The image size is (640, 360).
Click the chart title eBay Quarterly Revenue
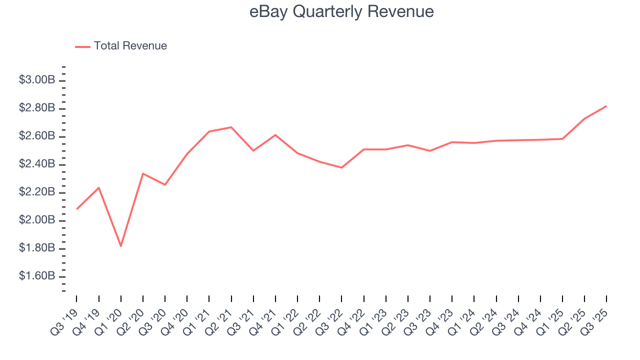coord(341,11)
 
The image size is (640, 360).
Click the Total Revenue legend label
coord(130,46)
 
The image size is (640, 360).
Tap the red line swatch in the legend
coord(82,46)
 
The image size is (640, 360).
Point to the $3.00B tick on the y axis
coord(37,80)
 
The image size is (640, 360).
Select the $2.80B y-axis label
coord(37,108)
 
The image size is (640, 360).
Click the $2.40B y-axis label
coord(37,164)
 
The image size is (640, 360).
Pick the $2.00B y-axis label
coord(37,220)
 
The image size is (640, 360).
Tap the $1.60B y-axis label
coord(37,276)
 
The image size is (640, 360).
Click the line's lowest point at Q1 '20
coord(120,246)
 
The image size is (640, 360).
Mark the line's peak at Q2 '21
coord(231,127)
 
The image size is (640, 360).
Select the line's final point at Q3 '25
coord(606,106)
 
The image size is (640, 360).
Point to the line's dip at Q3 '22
coord(341,167)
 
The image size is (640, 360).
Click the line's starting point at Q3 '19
coord(76,209)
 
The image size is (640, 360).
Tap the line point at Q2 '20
coord(143,173)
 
